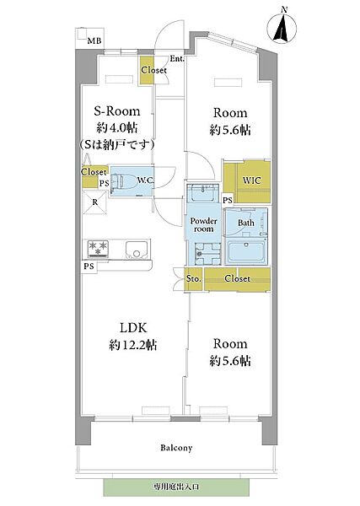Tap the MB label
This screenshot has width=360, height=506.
[x=94, y=40]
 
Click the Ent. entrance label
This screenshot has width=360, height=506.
[x=177, y=59]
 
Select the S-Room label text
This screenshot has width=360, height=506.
[x=117, y=111]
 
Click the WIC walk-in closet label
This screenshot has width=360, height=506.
[x=251, y=180]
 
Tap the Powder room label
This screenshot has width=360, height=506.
[x=203, y=225]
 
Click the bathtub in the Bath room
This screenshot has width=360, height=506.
[x=246, y=251]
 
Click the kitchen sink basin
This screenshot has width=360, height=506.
[x=137, y=250]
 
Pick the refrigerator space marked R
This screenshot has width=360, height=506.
[x=94, y=202]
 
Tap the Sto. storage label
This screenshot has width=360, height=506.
[x=194, y=278]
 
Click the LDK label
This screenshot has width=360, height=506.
[x=133, y=328]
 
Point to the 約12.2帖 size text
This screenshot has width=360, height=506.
[x=133, y=345]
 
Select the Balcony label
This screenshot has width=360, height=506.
[x=176, y=448]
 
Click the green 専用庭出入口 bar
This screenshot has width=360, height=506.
[x=176, y=487]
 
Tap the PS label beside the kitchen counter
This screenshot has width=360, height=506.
[x=89, y=266]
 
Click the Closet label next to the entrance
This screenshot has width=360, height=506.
[x=154, y=70]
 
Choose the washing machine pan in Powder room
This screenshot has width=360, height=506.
[x=207, y=254]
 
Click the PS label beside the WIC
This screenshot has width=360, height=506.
[x=228, y=201]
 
